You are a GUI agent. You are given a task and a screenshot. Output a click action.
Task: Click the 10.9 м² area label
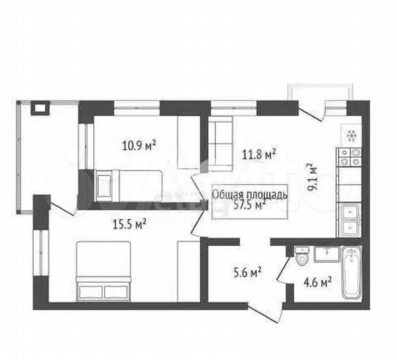coord(139,145)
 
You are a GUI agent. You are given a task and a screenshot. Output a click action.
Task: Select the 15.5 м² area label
coord(129,224)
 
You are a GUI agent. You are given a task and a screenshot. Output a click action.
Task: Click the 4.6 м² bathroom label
coord(318,282)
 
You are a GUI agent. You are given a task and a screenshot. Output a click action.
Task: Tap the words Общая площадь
coord(250,195)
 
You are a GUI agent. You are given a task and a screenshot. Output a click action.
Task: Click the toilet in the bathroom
coord(302,256)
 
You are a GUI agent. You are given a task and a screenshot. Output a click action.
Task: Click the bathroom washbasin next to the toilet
coord(327,254)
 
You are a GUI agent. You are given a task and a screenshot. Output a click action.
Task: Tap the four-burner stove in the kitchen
coord(349,157)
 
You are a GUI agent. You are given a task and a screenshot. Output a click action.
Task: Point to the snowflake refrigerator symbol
coord(351,136)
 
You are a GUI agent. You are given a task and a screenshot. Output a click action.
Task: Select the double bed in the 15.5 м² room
coord(104,271)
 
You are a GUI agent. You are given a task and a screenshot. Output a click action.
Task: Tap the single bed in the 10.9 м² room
coord(129,186)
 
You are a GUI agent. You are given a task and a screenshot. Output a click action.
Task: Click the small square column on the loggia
coord(40,108)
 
